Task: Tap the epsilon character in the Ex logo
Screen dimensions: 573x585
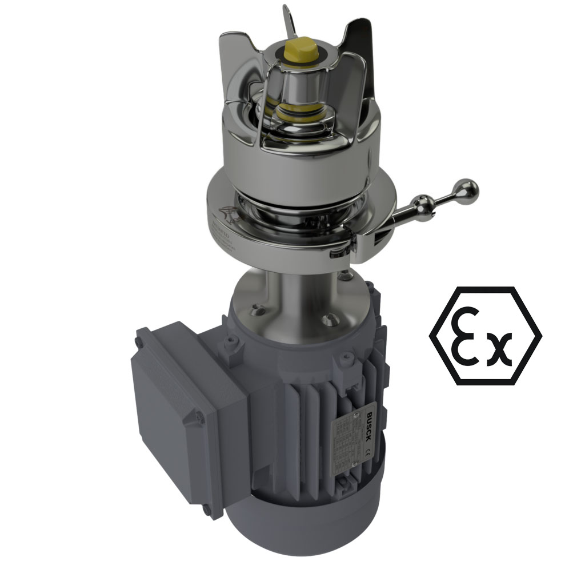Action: pyautogui.click(x=467, y=337)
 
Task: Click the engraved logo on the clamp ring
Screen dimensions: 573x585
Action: pyautogui.click(x=227, y=214)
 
